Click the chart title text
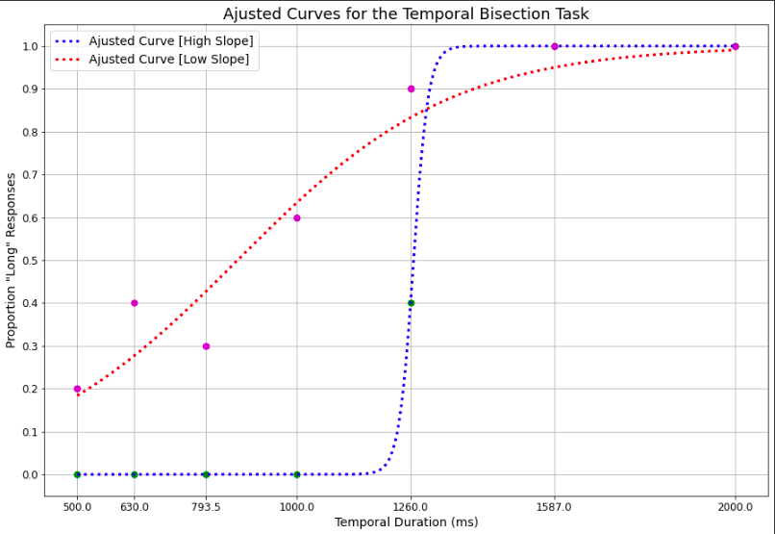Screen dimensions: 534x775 tap(406, 14)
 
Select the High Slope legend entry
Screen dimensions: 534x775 tap(170, 40)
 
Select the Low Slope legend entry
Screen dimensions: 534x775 tap(168, 60)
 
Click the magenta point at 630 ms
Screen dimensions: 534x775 tap(135, 303)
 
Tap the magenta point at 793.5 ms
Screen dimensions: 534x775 tap(206, 346)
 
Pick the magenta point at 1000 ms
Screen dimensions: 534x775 tap(297, 217)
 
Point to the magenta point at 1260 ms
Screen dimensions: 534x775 tap(411, 89)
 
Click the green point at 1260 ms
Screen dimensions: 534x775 tap(411, 303)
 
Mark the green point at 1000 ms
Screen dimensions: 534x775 tap(297, 474)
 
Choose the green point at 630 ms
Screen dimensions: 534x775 tap(135, 474)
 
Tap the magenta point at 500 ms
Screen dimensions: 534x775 tap(77, 389)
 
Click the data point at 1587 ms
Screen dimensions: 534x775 tap(555, 46)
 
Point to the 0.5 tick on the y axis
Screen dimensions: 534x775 tap(32, 261)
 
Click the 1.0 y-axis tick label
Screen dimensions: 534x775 tap(32, 46)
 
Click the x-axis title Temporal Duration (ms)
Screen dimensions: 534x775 tap(406, 522)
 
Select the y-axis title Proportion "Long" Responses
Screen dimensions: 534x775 tap(12, 261)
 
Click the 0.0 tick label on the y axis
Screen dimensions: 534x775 tap(32, 474)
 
